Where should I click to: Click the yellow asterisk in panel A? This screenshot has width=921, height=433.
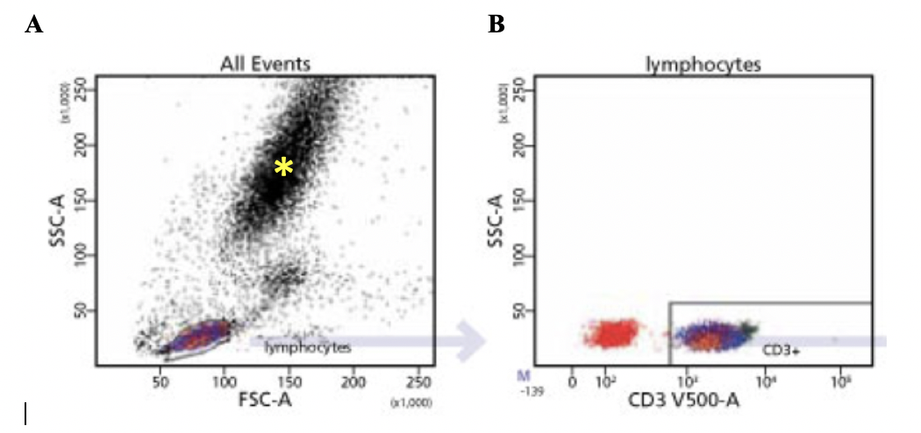tap(282, 167)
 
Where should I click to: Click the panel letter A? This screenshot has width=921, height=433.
tap(33, 25)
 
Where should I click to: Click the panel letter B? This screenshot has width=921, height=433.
tap(496, 25)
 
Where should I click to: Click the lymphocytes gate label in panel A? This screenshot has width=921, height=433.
tap(308, 347)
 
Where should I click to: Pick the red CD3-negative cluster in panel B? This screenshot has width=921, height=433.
tap(613, 333)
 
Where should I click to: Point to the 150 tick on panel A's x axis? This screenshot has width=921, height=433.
tap(289, 382)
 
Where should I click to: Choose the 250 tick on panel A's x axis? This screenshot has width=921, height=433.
tap(418, 382)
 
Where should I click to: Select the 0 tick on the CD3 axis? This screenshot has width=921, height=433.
tap(572, 382)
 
